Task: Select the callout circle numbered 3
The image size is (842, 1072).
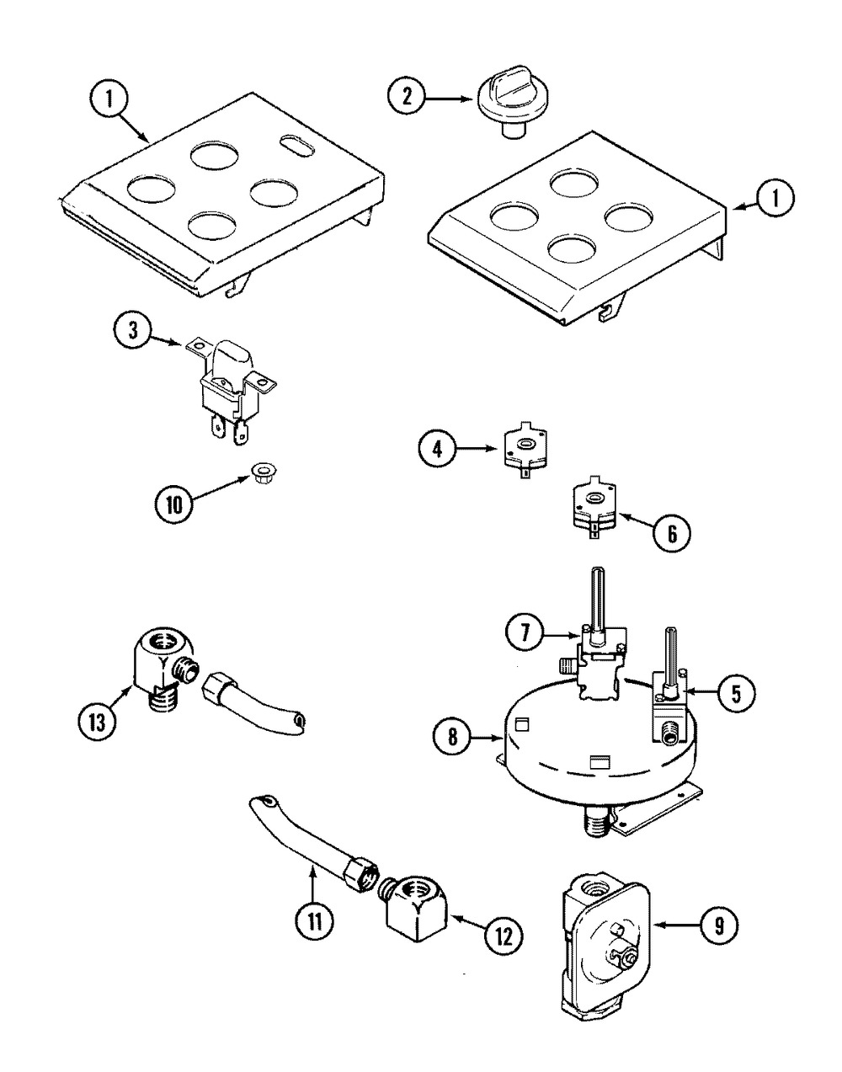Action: tap(133, 331)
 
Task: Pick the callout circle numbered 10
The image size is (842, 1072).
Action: tap(173, 505)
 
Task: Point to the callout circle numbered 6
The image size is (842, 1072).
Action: tap(672, 534)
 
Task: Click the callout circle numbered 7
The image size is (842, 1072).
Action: tap(525, 633)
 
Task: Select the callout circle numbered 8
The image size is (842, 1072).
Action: tap(452, 752)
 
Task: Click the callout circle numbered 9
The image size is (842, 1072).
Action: tap(719, 924)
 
